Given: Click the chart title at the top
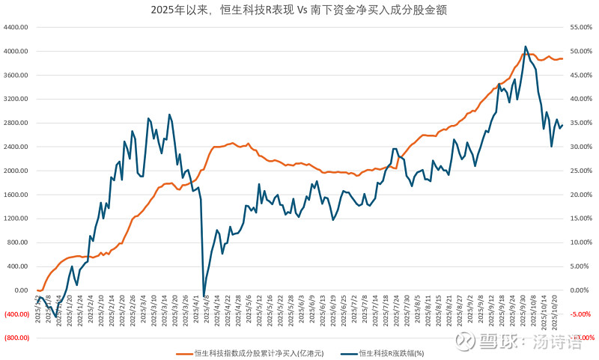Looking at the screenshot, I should [299, 10].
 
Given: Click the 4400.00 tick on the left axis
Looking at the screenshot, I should [16, 27].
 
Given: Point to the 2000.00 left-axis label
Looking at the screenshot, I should [16, 171].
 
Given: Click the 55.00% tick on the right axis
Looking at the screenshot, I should [582, 27].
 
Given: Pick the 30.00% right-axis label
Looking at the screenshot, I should [582, 147].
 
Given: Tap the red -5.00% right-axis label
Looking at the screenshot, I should [582, 314].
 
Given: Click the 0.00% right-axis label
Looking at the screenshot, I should [582, 290].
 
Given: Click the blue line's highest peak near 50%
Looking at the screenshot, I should [525, 46].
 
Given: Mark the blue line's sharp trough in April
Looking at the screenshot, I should [204, 296].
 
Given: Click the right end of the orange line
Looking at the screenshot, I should [562, 59].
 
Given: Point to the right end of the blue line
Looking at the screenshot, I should [562, 125].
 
